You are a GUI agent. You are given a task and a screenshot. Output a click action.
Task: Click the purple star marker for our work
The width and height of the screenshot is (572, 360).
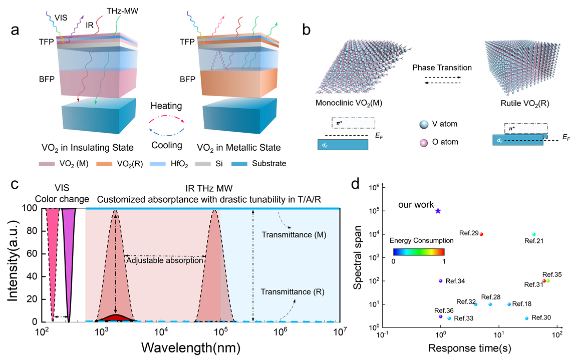438,211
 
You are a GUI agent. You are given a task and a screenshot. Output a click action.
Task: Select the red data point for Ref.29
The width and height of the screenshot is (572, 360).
481,234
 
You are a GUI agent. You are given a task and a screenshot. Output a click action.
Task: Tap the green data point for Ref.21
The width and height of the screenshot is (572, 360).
534,234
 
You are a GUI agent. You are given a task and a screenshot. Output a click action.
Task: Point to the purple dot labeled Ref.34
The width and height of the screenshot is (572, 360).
440,281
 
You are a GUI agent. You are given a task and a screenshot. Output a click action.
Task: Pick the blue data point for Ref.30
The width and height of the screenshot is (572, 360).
526,318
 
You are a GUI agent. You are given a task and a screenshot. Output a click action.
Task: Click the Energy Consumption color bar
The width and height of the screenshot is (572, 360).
419,252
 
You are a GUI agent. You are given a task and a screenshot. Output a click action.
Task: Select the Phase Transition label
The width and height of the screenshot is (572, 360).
442,67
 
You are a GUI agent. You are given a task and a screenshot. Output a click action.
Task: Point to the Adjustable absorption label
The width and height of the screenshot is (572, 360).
164,260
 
